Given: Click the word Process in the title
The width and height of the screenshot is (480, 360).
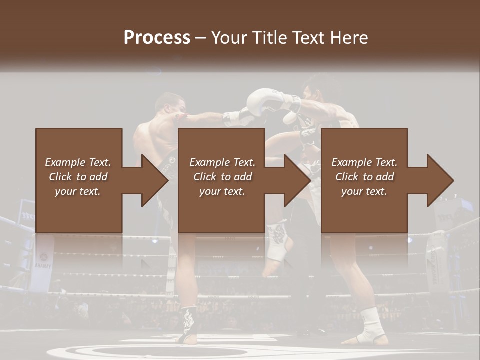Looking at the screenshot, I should tap(157, 37).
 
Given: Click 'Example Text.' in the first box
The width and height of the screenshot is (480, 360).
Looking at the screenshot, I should tap(78, 162).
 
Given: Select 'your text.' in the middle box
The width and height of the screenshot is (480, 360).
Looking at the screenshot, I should tap(222, 191).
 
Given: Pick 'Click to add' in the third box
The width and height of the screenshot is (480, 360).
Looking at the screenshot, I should tap(364, 177).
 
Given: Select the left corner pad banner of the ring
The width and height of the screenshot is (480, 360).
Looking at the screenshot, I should tap(42, 262).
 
